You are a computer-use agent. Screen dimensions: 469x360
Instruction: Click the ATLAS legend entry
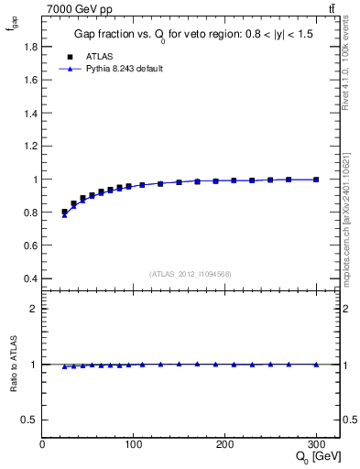(x=98, y=55)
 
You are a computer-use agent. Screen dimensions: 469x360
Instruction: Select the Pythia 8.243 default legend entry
(x=125, y=69)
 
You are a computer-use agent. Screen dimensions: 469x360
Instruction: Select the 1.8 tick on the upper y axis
(x=30, y=47)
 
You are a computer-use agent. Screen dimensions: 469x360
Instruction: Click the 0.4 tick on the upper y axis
(x=30, y=278)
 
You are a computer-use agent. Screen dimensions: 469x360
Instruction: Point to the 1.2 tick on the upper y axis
(x=30, y=147)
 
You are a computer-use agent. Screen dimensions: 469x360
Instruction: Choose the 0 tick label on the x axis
(x=42, y=445)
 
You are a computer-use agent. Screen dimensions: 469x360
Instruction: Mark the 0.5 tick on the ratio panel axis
(x=30, y=420)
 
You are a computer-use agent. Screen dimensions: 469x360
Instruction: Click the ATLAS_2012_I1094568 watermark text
(x=191, y=273)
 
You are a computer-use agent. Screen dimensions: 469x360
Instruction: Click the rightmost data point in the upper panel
(x=316, y=180)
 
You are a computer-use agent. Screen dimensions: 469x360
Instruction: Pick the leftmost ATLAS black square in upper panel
(x=64, y=212)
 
